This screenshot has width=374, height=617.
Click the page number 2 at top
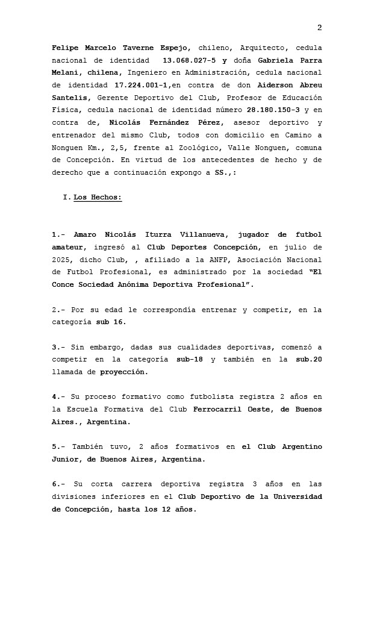[319, 28]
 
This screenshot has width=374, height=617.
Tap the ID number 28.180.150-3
[273, 110]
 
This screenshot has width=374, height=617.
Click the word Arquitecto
[261, 48]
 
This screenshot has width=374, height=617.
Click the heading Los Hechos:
[98, 197]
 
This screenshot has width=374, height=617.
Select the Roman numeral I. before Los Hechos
[66, 197]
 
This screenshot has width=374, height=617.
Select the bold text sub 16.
[111, 322]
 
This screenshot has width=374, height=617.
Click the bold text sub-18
[190, 359]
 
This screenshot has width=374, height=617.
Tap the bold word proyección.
[123, 372]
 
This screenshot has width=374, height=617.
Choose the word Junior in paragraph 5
[67, 459]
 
